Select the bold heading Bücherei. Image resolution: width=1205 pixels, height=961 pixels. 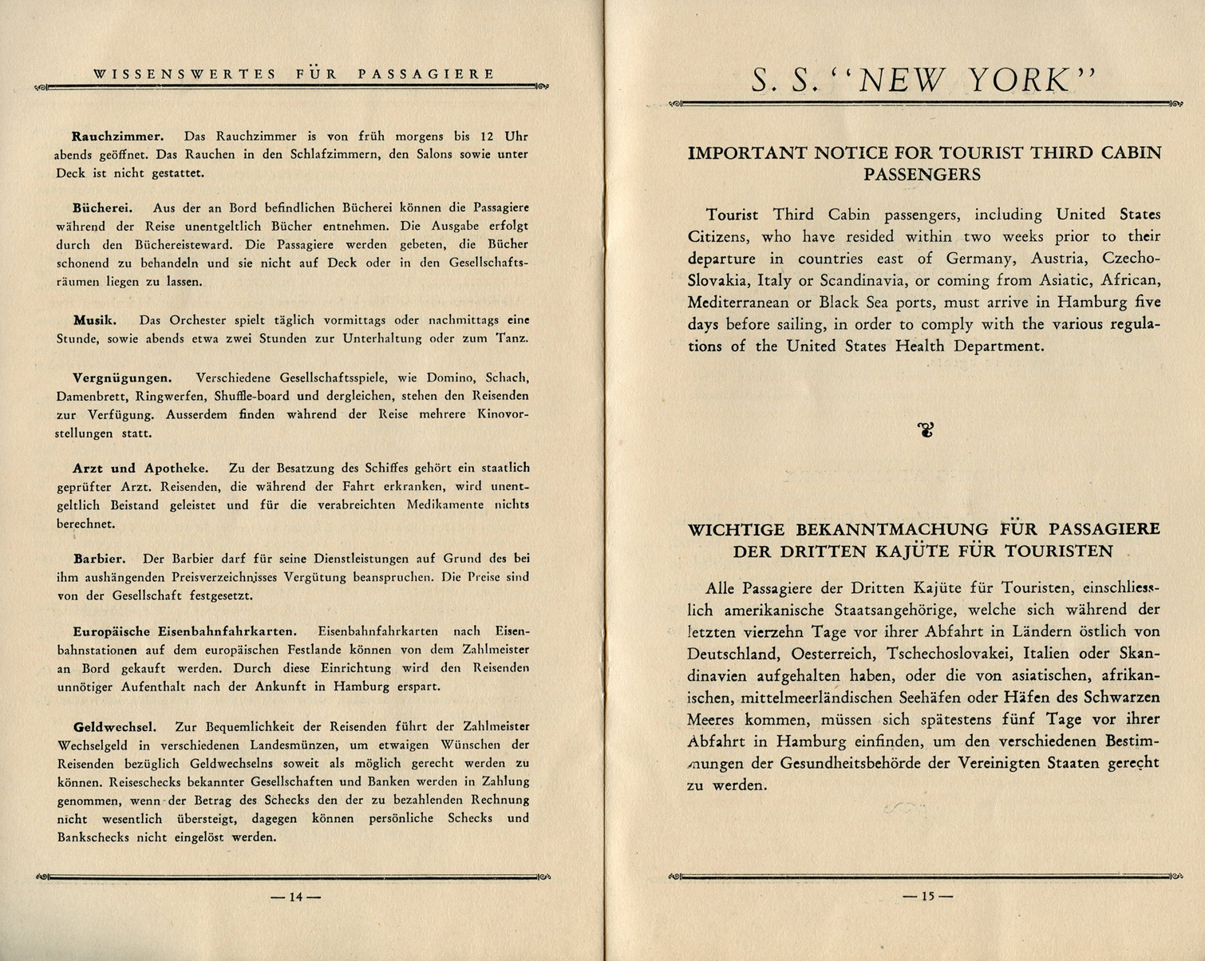coord(102,208)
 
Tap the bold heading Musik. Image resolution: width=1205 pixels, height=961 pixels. coord(95,320)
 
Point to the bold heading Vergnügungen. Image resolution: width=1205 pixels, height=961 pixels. coord(121,378)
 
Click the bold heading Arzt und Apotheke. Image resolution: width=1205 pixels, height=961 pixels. coord(140,468)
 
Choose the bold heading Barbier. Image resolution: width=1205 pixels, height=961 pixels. coord(99,558)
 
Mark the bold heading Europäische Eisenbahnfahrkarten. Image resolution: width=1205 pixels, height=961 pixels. coord(184,631)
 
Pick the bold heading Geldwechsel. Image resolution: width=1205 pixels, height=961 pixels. coord(114,726)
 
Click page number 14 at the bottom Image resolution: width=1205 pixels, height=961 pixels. coord(296,897)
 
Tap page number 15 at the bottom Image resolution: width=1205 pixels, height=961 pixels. coord(927,896)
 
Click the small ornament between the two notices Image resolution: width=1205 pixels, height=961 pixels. coord(926,431)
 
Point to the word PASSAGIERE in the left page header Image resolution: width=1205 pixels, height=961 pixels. coord(426,74)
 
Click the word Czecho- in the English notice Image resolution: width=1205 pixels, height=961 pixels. coord(1130,259)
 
